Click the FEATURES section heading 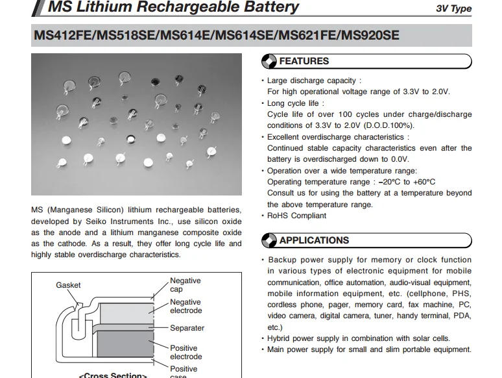click(x=304, y=61)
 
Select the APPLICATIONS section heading click(x=314, y=240)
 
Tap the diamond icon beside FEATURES click(x=269, y=62)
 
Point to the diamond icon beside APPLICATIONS click(x=269, y=241)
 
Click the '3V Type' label click(x=454, y=9)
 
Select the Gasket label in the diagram click(x=68, y=285)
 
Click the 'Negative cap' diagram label click(x=185, y=285)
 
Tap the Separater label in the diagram click(x=187, y=328)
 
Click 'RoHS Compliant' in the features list click(x=296, y=216)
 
